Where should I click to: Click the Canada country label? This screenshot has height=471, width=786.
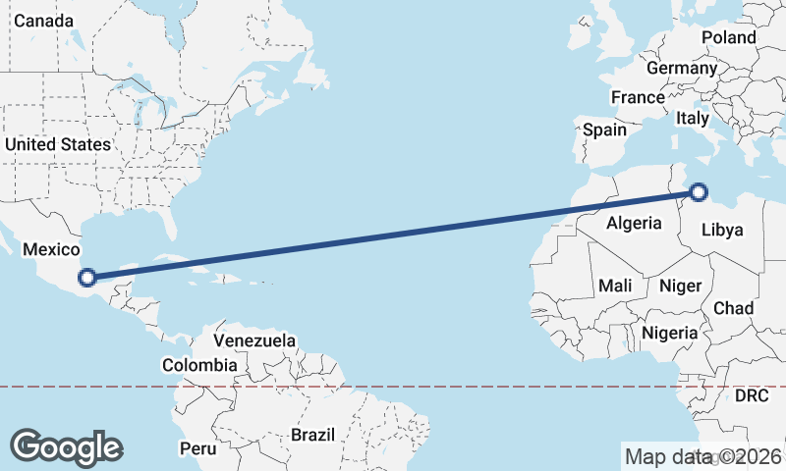(x=43, y=21)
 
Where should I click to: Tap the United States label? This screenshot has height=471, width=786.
(x=58, y=144)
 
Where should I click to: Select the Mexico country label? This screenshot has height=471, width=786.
(x=50, y=250)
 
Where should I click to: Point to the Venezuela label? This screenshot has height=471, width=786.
(x=254, y=340)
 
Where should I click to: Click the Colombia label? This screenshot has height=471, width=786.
(x=199, y=365)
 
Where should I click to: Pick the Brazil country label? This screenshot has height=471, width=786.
(x=313, y=434)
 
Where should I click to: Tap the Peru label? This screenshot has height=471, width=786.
(x=197, y=448)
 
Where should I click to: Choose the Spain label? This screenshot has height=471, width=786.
(x=604, y=130)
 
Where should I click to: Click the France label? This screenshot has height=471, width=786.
(x=638, y=98)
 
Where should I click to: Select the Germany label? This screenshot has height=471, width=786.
(x=682, y=69)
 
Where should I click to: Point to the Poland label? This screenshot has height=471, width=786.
(x=729, y=38)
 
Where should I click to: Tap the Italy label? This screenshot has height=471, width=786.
(x=692, y=118)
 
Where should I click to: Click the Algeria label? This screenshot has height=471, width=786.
(x=634, y=223)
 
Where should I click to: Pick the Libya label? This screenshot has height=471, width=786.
(x=722, y=231)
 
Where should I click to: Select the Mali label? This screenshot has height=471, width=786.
(x=615, y=286)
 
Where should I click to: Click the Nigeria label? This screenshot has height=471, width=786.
(x=670, y=333)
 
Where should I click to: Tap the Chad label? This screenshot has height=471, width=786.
(x=733, y=308)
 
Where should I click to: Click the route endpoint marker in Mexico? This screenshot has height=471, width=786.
(x=87, y=278)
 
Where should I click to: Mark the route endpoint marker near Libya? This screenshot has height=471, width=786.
(x=699, y=192)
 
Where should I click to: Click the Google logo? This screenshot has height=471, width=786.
(x=66, y=447)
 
